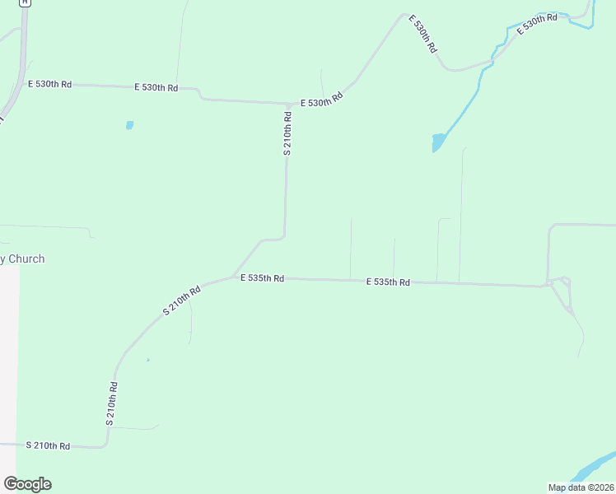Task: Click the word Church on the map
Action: pos(27,259)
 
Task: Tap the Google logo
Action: pos(27,484)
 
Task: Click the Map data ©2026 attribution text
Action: pos(581,487)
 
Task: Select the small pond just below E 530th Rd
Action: pos(129,125)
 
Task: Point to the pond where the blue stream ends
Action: pos(438,142)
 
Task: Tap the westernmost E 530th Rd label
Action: pos(50,84)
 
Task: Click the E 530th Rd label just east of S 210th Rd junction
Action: pos(321,100)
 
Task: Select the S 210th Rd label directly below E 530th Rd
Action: pos(287,133)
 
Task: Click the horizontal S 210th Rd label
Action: pos(48,445)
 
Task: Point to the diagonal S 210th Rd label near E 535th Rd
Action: pos(181,301)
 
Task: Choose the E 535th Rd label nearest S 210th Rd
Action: pos(262,278)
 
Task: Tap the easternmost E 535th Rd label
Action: pos(388,282)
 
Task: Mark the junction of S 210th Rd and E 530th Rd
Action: pos(287,104)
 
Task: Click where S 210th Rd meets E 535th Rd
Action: pos(234,276)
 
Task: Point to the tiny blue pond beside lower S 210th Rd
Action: pos(148,360)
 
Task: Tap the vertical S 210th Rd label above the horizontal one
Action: pos(113,403)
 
